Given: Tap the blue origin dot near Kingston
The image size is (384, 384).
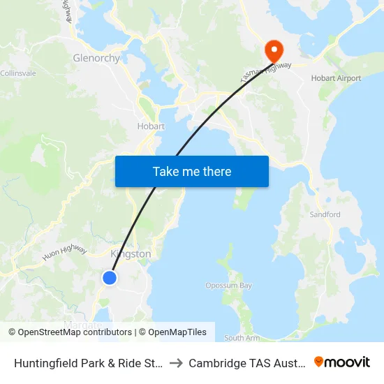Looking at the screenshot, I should (110, 278).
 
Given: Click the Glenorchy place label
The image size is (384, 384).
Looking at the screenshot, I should (96, 58).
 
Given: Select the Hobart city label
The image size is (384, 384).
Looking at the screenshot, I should (151, 126).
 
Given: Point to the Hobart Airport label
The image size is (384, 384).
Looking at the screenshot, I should (336, 78).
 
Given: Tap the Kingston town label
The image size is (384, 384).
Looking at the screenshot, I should (131, 254).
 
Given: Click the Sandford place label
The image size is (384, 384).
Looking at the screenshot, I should (325, 214).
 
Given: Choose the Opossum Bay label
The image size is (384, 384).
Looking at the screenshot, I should (228, 286).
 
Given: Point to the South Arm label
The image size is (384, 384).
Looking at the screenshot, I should (242, 338).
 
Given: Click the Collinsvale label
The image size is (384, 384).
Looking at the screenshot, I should (13, 73).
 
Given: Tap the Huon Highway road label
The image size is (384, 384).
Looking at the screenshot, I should (64, 253).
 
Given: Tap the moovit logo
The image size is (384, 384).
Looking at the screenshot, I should (342, 362).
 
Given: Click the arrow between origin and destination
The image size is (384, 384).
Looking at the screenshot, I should (176, 363).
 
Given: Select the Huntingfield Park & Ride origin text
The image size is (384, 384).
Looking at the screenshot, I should (89, 363).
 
